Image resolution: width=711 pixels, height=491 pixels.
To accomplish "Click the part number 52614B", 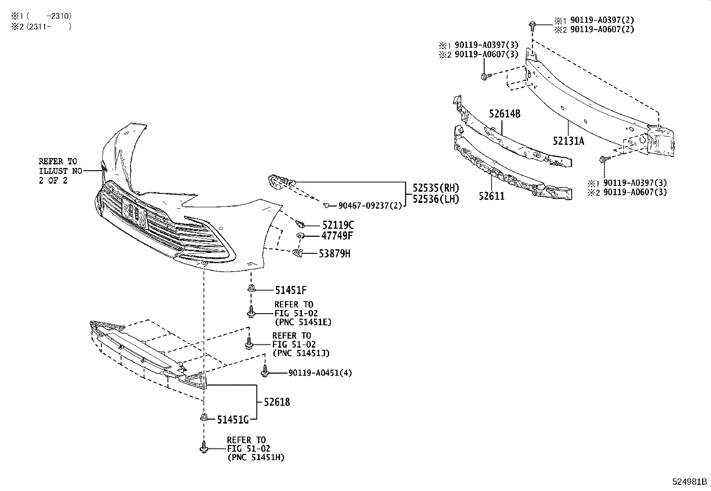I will point(504,114).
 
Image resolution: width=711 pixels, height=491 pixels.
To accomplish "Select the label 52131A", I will point(568,141).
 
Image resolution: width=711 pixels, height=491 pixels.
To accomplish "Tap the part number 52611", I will point(492,196).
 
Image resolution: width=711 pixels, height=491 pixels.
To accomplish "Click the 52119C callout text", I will point(338,225).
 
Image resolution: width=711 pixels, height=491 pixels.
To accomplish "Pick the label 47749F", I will point(337,236).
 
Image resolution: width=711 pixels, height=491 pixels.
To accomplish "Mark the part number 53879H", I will point(335,254).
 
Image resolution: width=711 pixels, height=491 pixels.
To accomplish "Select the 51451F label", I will point(291,290).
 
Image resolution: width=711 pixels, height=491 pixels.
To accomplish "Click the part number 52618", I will point(276,402).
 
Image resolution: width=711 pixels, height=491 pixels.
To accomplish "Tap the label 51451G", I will point(233,420).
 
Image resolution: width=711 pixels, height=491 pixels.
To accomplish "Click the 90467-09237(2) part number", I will point(370,206).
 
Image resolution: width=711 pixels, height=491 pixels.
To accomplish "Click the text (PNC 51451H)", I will point(255,457).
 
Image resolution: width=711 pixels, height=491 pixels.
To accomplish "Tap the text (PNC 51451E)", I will point(303,322).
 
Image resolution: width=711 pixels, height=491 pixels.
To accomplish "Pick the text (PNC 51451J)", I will point(301,353).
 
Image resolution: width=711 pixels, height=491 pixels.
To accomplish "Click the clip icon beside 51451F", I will point(251,289).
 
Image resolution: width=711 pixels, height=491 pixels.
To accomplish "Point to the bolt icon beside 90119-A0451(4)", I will point(265,371).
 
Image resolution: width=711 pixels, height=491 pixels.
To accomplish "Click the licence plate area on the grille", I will point(134,212).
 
